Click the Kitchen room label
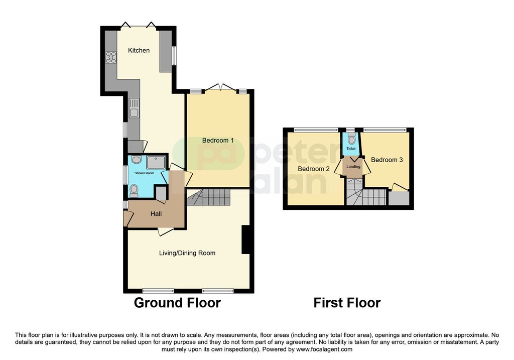click(x=139, y=50)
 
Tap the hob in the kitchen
click(x=110, y=58)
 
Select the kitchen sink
click(x=134, y=108)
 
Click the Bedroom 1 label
click(x=218, y=141)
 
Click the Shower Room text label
click(x=145, y=173)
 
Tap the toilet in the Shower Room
click(x=134, y=190)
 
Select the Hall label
click(x=156, y=214)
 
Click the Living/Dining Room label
click(x=187, y=253)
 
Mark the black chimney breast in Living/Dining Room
click(x=245, y=240)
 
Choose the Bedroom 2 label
click(x=314, y=169)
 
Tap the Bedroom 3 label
click(x=387, y=160)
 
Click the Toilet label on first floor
click(x=351, y=149)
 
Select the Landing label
click(x=353, y=166)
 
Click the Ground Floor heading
click(x=177, y=303)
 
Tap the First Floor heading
click(x=347, y=303)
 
